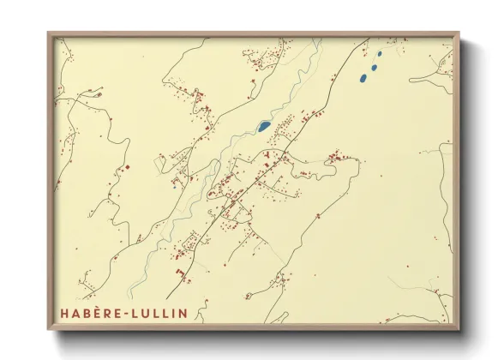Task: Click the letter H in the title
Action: [65, 311]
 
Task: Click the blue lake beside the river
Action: [265, 126]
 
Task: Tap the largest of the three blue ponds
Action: [363, 78]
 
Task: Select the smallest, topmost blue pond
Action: [380, 53]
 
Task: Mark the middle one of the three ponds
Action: [375, 65]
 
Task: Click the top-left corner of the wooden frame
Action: [49, 34]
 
